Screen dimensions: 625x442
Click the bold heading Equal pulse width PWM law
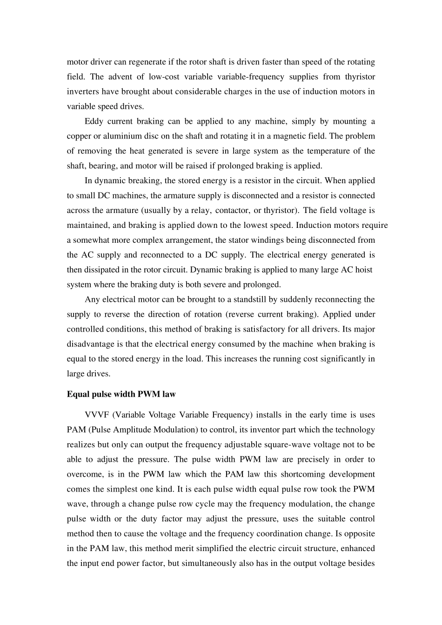coord(121,394)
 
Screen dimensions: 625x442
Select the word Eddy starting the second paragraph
coord(94,121)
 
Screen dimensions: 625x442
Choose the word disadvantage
coord(90,344)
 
